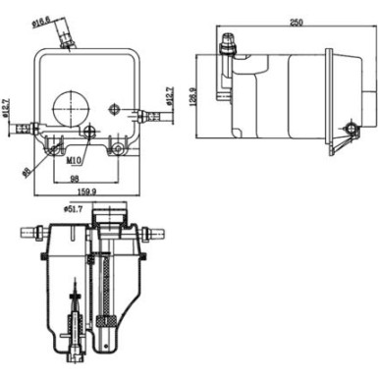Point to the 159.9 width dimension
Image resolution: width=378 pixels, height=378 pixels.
pos(86,191)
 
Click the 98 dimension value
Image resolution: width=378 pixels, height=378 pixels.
pos(74,180)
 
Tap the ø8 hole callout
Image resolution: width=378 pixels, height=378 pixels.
pos(26,171)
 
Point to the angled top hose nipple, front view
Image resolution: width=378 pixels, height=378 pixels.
pos(67,37)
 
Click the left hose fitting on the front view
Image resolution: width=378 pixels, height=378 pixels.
pos(30,128)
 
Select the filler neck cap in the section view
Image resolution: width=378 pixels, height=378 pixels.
pos(117,213)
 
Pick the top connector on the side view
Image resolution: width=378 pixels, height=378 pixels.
pos(231,44)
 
